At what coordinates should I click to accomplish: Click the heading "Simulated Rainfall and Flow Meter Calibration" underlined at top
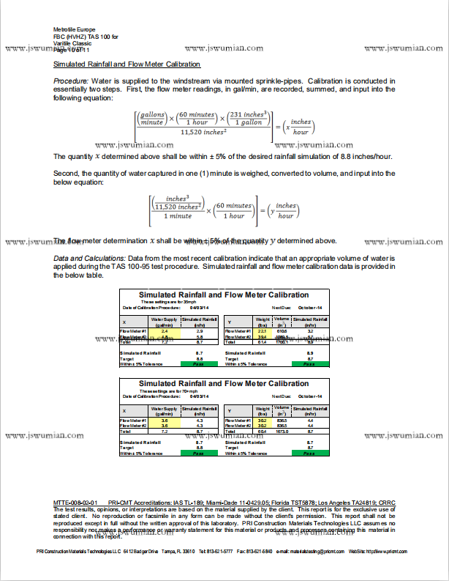pos(127,64)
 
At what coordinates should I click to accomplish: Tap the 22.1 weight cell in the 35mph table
pos(261,331)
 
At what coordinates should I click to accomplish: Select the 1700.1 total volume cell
pos(282,342)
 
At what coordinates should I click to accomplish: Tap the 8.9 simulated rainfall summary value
pos(310,353)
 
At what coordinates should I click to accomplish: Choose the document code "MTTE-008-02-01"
pos(75,503)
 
